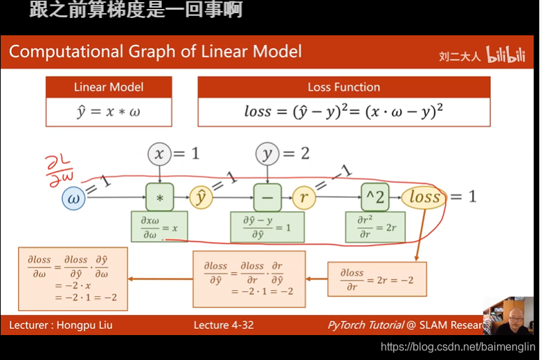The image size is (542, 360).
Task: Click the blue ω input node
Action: (x=73, y=199)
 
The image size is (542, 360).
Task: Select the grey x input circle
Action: (x=159, y=154)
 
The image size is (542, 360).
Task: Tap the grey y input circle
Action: (x=267, y=154)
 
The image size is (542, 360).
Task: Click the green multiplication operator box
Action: (x=160, y=197)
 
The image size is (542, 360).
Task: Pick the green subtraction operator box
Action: (x=267, y=197)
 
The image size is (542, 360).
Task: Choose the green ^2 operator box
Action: (x=375, y=197)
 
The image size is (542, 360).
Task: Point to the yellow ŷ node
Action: (x=201, y=197)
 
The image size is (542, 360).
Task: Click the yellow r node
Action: (x=304, y=197)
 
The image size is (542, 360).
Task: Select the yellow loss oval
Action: (x=424, y=197)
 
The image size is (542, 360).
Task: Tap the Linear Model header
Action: (x=109, y=87)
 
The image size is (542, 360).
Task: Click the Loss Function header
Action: (x=344, y=87)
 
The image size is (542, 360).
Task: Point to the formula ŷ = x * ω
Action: (x=109, y=111)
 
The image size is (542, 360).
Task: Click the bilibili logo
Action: (x=506, y=55)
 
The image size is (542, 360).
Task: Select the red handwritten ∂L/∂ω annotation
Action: (x=59, y=171)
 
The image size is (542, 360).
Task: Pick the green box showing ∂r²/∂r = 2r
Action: (x=375, y=227)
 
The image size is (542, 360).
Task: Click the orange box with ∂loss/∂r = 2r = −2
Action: (x=377, y=279)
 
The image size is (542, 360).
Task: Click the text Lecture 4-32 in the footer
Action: (x=224, y=325)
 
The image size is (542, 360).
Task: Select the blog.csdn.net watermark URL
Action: (x=458, y=347)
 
